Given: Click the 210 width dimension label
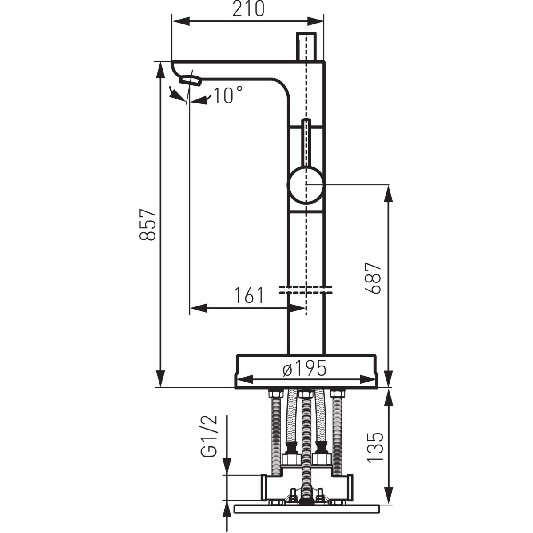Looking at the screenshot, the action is [x=248, y=9].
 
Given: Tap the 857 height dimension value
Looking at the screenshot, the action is [x=148, y=224].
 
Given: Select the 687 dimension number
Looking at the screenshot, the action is [x=373, y=278].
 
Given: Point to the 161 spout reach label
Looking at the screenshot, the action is [x=249, y=295].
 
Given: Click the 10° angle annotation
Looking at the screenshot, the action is [x=228, y=95].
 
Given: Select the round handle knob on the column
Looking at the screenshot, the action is [x=306, y=184].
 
